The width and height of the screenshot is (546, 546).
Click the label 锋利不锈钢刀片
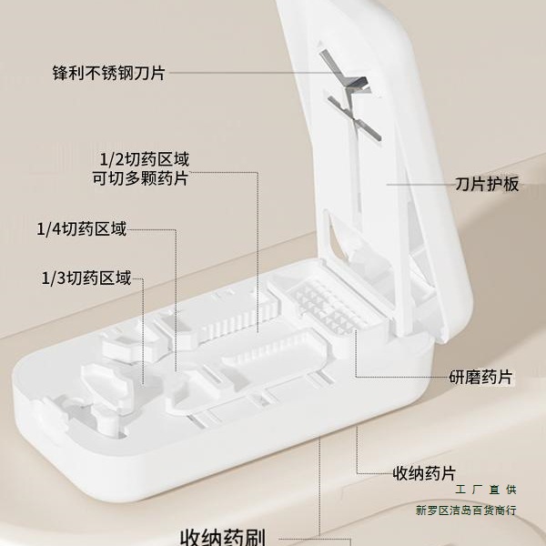[110, 71]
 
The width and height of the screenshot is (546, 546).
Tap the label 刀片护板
[487, 184]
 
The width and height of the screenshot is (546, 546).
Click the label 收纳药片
[423, 473]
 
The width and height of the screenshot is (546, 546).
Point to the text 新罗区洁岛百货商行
[465, 511]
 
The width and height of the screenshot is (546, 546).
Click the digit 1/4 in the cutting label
[49, 228]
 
